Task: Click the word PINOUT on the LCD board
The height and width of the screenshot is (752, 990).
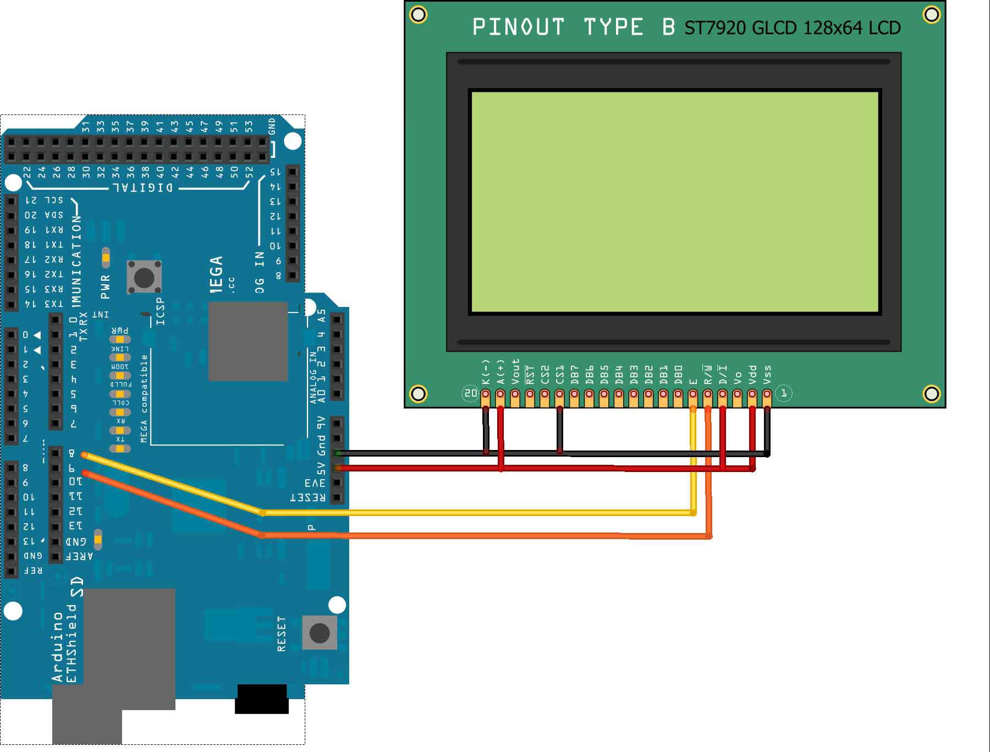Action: pyautogui.click(x=518, y=27)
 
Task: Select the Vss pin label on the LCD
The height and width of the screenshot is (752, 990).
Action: pyautogui.click(x=767, y=374)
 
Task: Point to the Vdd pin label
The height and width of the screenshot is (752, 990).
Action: pyautogui.click(x=752, y=374)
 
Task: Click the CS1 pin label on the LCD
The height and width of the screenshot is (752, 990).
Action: pyautogui.click(x=559, y=374)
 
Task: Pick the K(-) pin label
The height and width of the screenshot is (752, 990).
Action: pyautogui.click(x=485, y=372)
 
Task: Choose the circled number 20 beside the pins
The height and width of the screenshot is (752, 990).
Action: pyautogui.click(x=470, y=393)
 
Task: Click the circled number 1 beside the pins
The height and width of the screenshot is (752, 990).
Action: pyautogui.click(x=784, y=393)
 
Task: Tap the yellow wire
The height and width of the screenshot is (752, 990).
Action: pyautogui.click(x=473, y=513)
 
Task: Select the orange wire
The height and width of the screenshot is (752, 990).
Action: pyautogui.click(x=473, y=536)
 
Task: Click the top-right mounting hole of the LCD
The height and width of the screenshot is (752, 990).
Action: pyautogui.click(x=931, y=14)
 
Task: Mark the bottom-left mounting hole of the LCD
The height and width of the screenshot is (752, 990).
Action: pyautogui.click(x=418, y=393)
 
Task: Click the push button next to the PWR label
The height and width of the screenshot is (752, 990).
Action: pyautogui.click(x=144, y=277)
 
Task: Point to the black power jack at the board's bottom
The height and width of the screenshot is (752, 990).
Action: pyautogui.click(x=262, y=699)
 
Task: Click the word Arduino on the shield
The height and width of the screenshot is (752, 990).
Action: pyautogui.click(x=58, y=646)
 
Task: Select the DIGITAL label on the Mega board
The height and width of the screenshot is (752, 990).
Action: pyautogui.click(x=143, y=188)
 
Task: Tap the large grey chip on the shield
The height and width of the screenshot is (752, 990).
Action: pyautogui.click(x=248, y=341)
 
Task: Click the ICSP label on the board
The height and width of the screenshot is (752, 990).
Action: pyautogui.click(x=160, y=311)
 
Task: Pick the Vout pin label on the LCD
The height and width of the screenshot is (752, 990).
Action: pyautogui.click(x=515, y=371)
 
